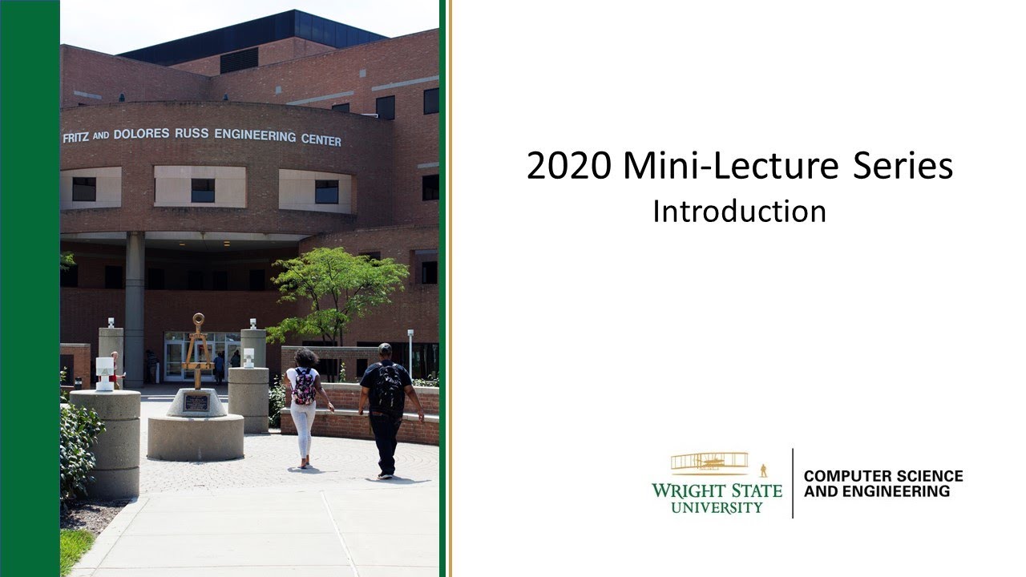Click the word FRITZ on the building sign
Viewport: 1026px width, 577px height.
click(x=75, y=138)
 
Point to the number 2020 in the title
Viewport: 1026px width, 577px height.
click(x=570, y=167)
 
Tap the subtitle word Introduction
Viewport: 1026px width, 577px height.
click(x=739, y=211)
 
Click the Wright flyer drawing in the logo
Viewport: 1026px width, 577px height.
click(x=709, y=462)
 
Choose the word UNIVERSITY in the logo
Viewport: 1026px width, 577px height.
click(x=717, y=507)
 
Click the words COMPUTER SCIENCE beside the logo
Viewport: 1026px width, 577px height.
click(x=883, y=476)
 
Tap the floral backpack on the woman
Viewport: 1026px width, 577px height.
click(x=304, y=386)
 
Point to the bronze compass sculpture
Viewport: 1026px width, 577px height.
click(x=197, y=353)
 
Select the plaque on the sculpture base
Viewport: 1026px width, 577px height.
click(x=196, y=402)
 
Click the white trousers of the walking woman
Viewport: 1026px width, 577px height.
click(x=302, y=431)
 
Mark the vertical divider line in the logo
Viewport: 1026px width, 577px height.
click(x=793, y=482)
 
